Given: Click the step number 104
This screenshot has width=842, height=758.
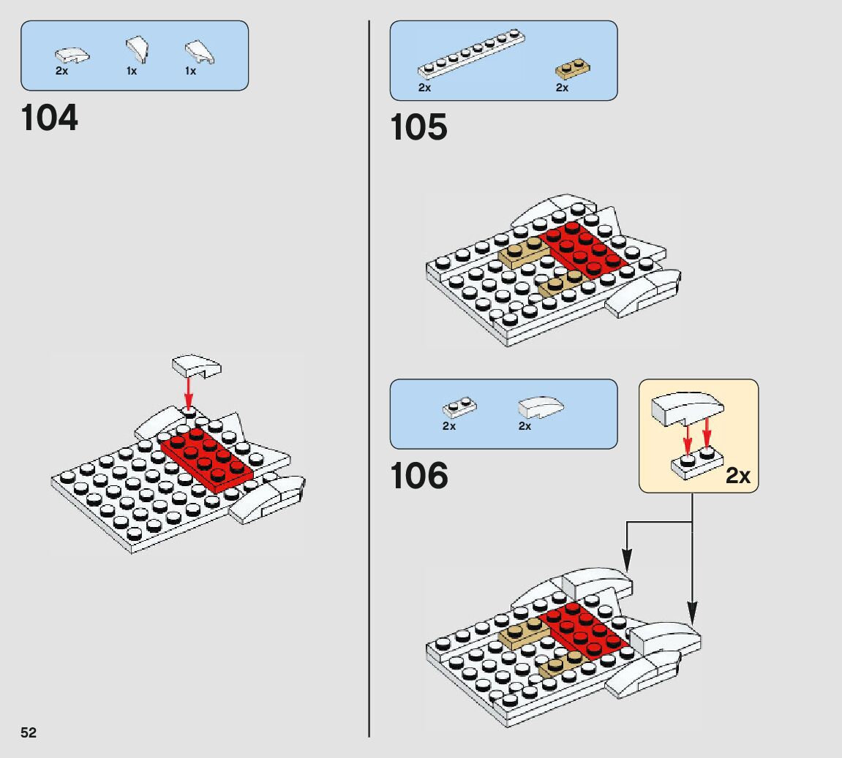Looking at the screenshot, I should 50,118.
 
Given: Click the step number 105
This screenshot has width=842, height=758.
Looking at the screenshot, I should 418,128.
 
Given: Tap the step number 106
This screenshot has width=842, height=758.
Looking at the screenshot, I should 418,477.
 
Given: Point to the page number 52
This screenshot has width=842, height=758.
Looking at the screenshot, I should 29,733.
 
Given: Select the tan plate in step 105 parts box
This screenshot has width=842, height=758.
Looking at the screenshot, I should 574,70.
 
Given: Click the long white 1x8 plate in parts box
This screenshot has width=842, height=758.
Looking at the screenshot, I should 472,53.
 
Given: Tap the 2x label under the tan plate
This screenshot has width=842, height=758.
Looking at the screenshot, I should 562,88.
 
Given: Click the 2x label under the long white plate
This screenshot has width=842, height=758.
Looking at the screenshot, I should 425,88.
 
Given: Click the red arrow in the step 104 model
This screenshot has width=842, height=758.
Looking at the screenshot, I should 189,392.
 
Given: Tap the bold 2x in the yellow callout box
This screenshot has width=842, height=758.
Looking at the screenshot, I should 738,476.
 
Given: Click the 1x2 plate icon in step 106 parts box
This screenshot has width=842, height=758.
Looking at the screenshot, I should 459,406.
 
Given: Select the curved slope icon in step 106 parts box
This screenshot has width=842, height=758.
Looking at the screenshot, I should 541,406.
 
